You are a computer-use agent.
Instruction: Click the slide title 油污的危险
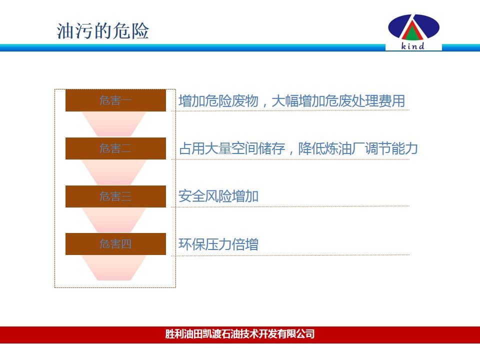103,31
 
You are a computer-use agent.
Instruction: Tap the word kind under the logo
412,46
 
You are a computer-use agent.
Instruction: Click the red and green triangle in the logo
412,30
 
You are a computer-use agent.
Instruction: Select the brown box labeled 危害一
115,100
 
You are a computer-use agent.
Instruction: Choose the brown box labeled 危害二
115,148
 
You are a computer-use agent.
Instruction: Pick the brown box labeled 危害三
115,196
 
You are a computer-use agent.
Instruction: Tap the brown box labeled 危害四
115,244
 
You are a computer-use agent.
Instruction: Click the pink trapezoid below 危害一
114,124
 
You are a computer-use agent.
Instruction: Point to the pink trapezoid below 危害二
114,172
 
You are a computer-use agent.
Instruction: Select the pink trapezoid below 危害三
114,220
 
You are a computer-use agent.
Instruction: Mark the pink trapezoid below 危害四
114,268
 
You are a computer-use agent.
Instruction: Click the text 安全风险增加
218,196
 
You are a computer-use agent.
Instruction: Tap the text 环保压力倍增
218,244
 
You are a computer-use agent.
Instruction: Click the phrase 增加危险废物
218,101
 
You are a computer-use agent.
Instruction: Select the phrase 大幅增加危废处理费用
338,101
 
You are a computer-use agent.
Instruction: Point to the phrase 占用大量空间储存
232,148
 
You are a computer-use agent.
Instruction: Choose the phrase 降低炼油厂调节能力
358,148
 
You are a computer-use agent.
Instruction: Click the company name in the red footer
240,333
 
